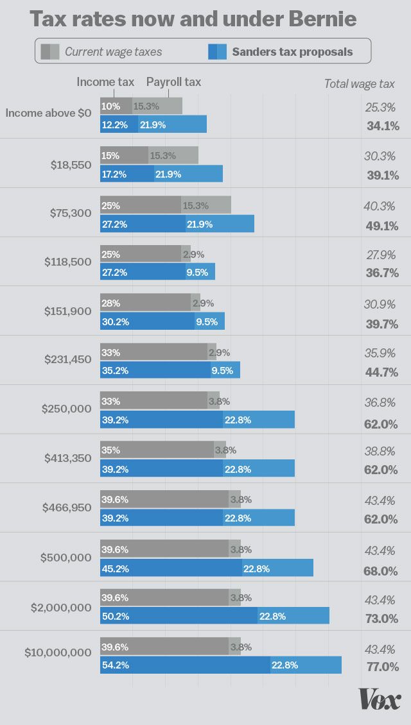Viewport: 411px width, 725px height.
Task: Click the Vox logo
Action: click(380, 699)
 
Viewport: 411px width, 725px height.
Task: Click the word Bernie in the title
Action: click(324, 19)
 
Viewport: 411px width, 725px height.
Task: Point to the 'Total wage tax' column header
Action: click(359, 83)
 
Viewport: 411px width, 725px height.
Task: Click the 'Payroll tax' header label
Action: click(173, 82)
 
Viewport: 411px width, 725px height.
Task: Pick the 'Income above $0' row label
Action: click(49, 114)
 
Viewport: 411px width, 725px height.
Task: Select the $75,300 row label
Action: click(71, 213)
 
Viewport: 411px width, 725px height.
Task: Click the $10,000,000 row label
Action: click(58, 652)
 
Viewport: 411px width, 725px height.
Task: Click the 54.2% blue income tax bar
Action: click(185, 665)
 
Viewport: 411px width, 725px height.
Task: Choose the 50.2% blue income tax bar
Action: click(179, 616)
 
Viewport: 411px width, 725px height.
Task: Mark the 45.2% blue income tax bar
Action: click(171, 568)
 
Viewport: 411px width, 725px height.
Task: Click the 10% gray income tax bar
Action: click(116, 106)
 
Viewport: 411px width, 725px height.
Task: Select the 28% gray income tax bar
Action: click(145, 303)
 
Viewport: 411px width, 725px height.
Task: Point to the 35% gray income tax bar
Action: click(157, 450)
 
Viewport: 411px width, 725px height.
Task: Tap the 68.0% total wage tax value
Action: click(381, 570)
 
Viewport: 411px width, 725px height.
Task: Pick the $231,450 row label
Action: click(68, 359)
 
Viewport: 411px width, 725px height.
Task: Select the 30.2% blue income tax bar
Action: click(147, 321)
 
